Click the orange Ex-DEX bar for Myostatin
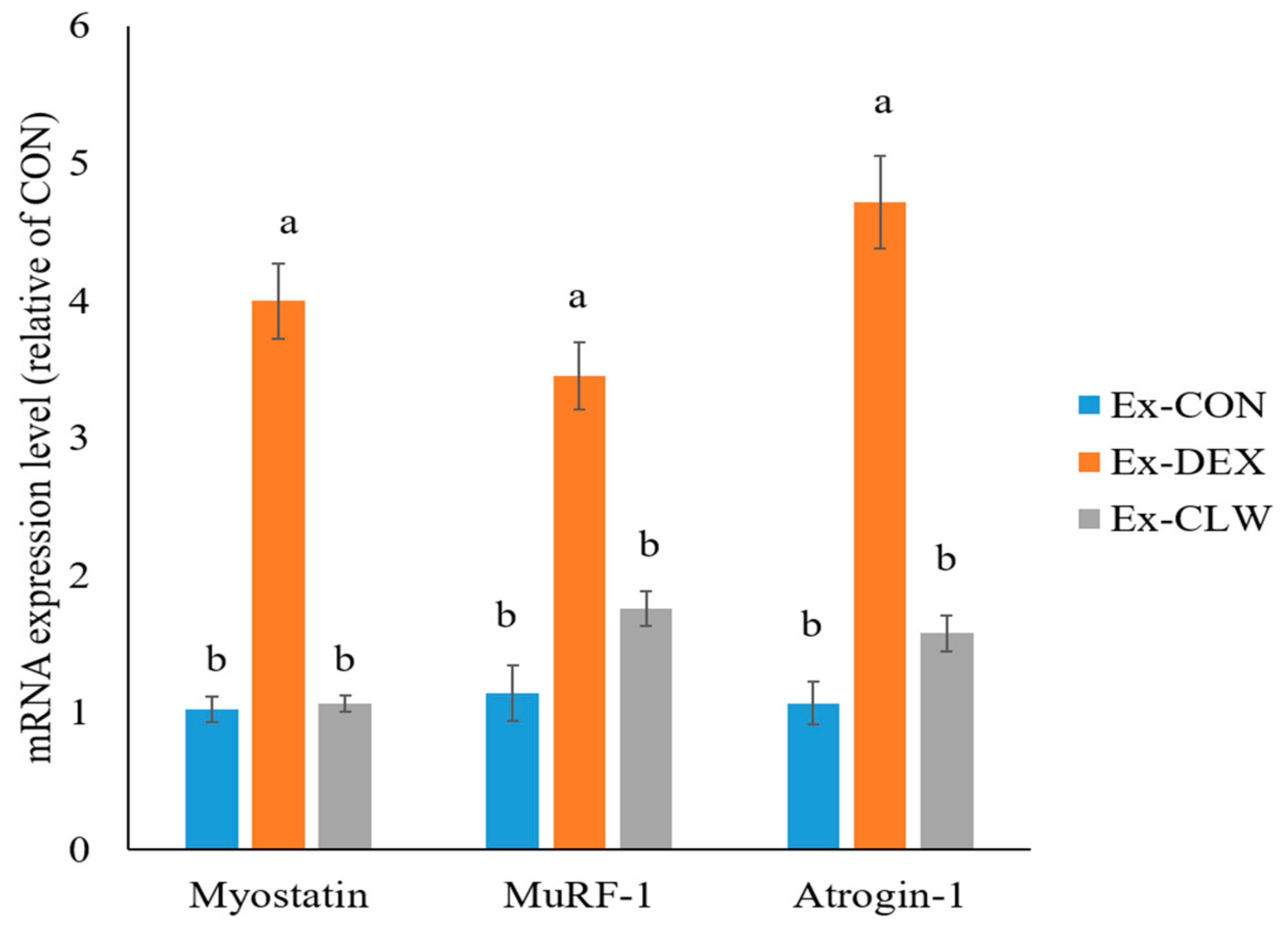coord(278,574)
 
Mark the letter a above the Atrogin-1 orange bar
coord(883,104)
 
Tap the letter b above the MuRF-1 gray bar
coord(649,545)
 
